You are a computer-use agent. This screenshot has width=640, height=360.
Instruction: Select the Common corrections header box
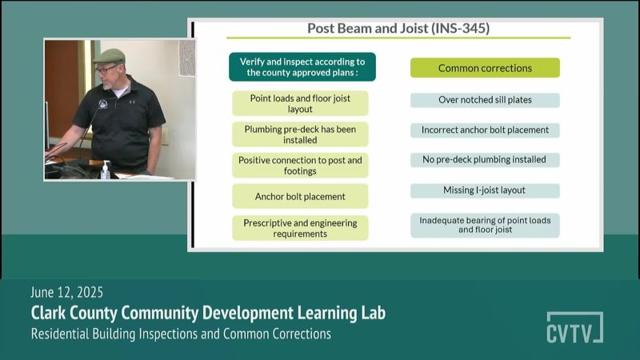pyautogui.click(x=485, y=68)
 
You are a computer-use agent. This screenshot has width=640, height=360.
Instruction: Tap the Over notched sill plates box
pyautogui.click(x=485, y=100)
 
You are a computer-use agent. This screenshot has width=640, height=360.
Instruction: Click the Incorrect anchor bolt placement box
pyautogui.click(x=485, y=130)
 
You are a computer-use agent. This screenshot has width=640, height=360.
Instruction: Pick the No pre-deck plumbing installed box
pyautogui.click(x=485, y=159)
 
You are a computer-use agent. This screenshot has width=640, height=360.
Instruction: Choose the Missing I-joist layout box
pyautogui.click(x=485, y=190)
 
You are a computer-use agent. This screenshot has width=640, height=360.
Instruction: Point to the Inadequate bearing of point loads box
pyautogui.click(x=485, y=226)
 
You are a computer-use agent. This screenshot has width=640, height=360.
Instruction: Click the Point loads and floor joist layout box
pyautogui.click(x=300, y=104)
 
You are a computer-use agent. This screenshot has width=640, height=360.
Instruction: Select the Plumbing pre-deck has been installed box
pyautogui.click(x=300, y=134)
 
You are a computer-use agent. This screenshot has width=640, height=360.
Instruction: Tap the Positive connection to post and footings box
pyautogui.click(x=300, y=166)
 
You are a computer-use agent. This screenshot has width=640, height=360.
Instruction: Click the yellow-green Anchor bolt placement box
pyautogui.click(x=300, y=196)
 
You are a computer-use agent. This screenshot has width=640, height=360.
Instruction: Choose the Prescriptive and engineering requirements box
pyautogui.click(x=300, y=228)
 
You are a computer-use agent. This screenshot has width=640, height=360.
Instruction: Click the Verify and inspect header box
pyautogui.click(x=302, y=67)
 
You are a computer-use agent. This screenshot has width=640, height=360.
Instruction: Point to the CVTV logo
pyautogui.click(x=574, y=328)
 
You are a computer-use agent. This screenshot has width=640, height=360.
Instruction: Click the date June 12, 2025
pyautogui.click(x=66, y=292)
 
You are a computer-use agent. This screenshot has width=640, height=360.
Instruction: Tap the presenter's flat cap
pyautogui.click(x=109, y=56)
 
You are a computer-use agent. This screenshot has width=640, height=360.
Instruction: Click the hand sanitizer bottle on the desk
pyautogui.click(x=106, y=170)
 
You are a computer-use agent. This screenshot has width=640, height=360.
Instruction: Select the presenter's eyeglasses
pyautogui.click(x=105, y=70)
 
